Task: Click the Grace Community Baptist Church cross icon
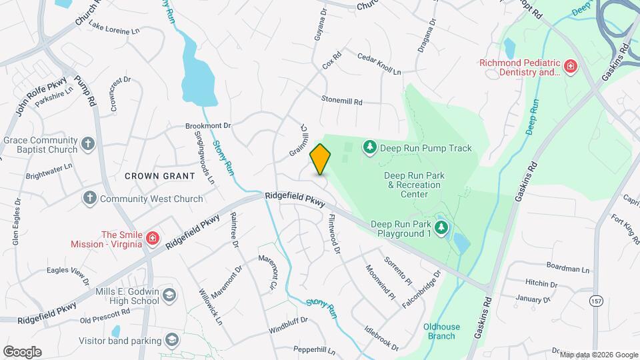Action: [88, 144]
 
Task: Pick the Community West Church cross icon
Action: [90, 198]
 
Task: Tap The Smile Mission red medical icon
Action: [152, 238]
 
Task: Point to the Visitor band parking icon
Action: [173, 341]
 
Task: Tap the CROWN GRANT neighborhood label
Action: [159, 176]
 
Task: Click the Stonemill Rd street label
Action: [341, 102]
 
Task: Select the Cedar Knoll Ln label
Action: [379, 64]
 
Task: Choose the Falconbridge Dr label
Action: [421, 289]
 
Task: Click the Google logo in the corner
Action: [22, 352]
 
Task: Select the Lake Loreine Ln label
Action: [115, 30]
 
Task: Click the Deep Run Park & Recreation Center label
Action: [405, 185]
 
